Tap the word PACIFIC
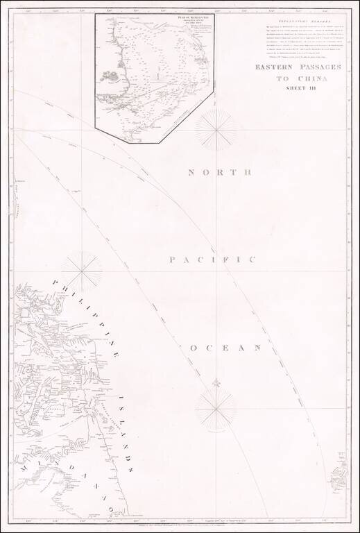click(212, 260)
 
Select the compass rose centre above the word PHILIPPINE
click(82, 271)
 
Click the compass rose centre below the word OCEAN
click(216, 409)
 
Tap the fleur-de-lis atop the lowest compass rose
click(216, 382)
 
